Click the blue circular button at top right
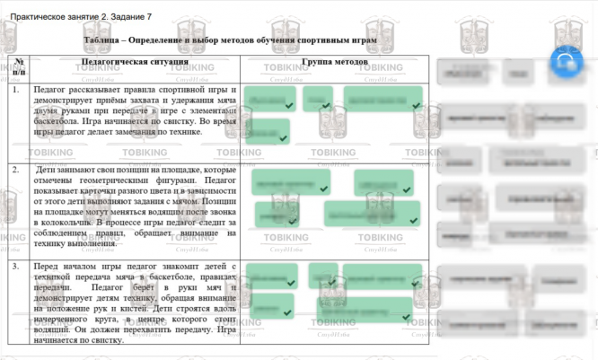[x=566, y=62]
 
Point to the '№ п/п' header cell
[x=19, y=66]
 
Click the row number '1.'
[x=16, y=90]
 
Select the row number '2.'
[x=16, y=168]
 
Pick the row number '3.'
[x=16, y=267]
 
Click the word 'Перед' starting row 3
[x=46, y=267]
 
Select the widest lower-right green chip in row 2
[x=372, y=213]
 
